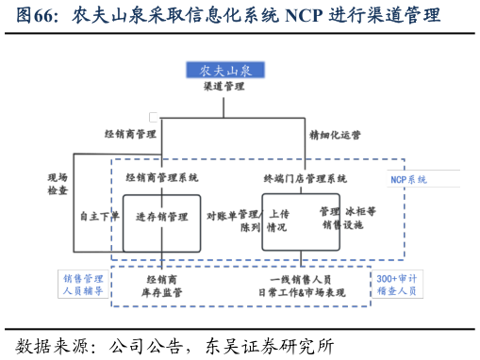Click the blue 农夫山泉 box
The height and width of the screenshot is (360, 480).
(x=225, y=70)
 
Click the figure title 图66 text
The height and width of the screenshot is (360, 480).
(x=37, y=16)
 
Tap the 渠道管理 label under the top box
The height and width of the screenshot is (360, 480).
(x=223, y=87)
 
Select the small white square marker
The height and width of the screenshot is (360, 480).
(x=154, y=117)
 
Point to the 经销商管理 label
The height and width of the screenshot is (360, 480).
(x=130, y=135)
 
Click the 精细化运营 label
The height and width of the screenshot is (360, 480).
(x=335, y=136)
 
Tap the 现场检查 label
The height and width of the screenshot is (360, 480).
(x=58, y=184)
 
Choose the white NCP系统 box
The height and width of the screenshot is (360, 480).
(x=422, y=179)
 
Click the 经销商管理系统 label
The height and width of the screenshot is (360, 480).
(x=162, y=177)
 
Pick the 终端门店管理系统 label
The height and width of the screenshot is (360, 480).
(x=305, y=178)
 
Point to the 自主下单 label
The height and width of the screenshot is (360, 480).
(x=99, y=216)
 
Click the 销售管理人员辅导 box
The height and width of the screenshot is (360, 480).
(x=84, y=285)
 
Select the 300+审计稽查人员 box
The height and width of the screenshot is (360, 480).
(x=396, y=285)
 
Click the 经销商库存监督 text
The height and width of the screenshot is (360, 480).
(x=162, y=286)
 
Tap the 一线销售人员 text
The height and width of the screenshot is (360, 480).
(x=301, y=280)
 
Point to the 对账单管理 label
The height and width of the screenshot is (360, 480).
(x=232, y=216)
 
